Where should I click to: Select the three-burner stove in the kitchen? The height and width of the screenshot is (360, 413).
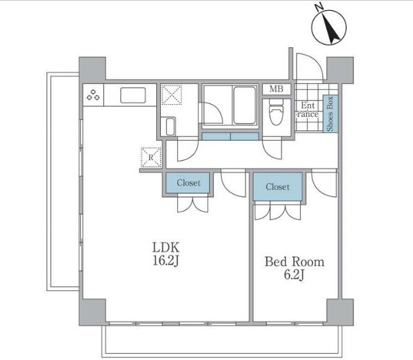coord(94,96)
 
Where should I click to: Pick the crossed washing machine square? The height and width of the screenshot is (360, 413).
coord(171,95)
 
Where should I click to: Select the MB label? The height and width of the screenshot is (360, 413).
coord(277,89)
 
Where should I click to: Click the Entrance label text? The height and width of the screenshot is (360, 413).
coord(308,109)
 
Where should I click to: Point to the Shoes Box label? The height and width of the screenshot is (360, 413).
coord(331,113)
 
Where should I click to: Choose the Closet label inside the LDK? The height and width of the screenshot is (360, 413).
coord(189,183)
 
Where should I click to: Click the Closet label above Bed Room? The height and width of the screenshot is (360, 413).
coord(277,186)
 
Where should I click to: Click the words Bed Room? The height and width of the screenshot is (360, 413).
coord(294,261)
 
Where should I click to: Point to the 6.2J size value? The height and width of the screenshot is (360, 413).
coord(294,276)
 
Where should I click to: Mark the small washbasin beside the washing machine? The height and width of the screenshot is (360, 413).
coord(170,126)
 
